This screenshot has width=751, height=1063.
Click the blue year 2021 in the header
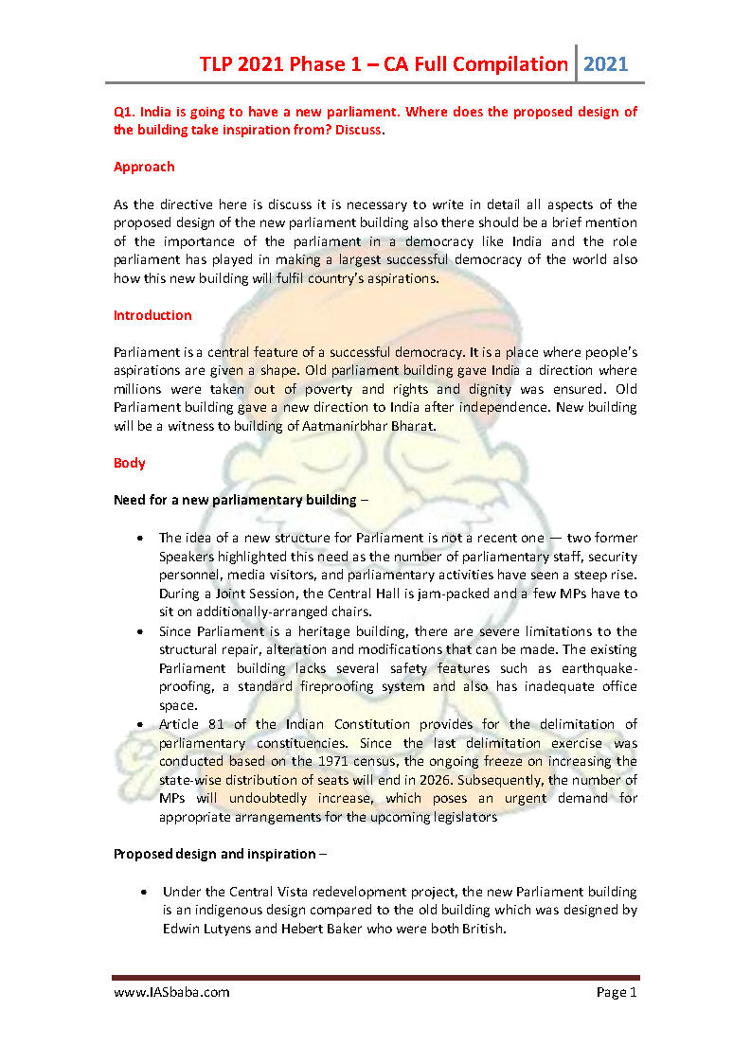click(605, 64)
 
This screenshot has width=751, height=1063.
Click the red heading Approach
click(144, 167)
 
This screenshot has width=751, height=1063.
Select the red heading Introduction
click(152, 315)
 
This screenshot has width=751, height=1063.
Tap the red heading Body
click(130, 463)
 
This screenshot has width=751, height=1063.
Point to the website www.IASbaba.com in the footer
click(171, 992)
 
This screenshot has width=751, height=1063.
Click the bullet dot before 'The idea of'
click(140, 538)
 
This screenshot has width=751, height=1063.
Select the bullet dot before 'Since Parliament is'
click(140, 631)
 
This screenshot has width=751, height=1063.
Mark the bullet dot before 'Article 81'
click(140, 725)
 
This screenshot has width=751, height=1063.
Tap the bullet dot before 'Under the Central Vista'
click(143, 893)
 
